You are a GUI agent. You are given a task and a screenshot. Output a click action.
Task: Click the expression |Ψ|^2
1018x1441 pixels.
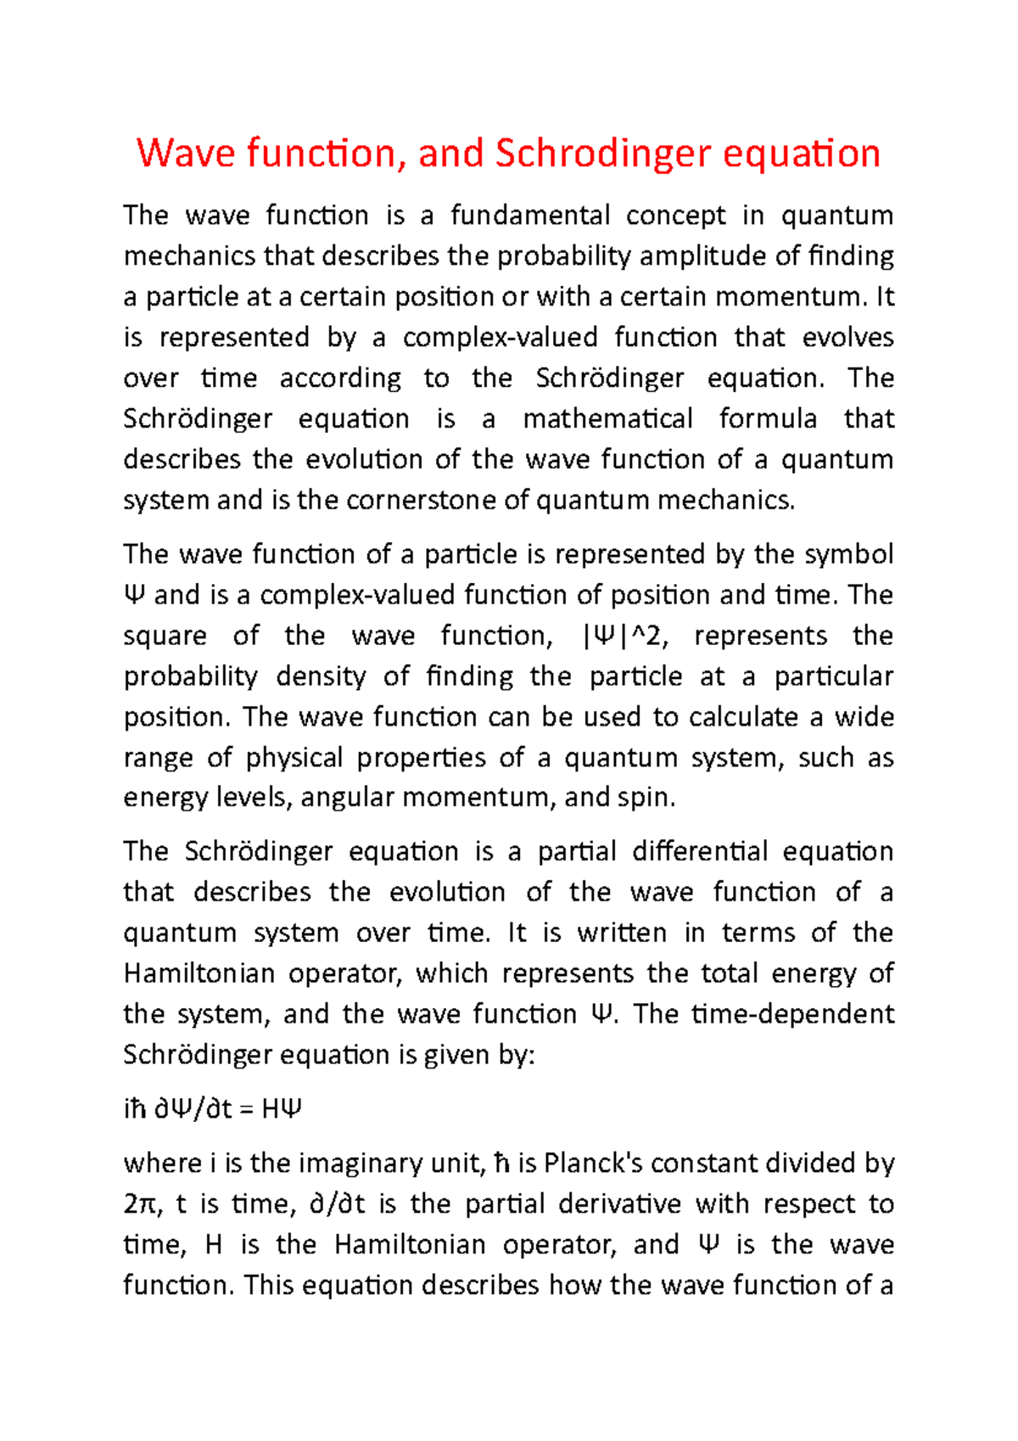[624, 636]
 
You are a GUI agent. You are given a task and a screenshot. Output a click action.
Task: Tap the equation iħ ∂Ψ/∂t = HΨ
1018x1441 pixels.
[213, 1109]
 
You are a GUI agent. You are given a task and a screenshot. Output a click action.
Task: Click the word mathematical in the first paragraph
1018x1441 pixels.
[607, 419]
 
